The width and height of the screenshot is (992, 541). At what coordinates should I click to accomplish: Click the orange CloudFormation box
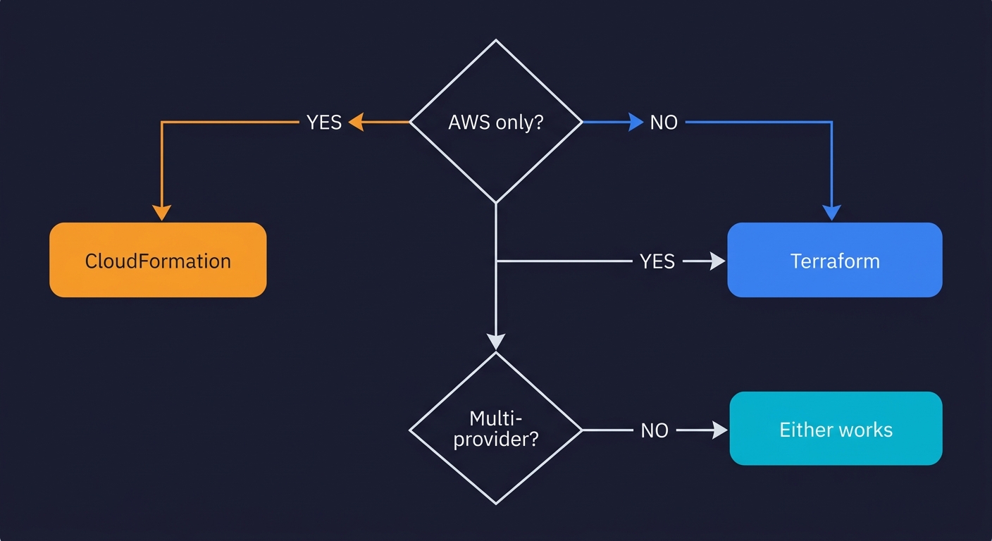158,260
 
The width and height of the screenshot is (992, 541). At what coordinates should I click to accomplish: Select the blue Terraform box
834,260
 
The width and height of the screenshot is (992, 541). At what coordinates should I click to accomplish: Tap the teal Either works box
836,428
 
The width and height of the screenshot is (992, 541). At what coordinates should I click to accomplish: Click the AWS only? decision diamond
496,122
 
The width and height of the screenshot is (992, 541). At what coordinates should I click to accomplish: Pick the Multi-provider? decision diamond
496,428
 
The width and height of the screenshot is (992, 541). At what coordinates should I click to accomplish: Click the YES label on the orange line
324,122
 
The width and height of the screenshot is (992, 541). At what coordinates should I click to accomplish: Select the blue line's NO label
664,122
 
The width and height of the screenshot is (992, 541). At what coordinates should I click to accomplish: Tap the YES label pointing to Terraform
657,261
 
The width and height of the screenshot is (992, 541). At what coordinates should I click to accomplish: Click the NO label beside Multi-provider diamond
655,430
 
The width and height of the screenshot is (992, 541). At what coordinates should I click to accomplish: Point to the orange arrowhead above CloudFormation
162,213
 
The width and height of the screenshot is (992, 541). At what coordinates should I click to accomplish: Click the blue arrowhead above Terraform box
832,213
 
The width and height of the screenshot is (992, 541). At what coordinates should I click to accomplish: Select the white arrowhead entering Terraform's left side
717,261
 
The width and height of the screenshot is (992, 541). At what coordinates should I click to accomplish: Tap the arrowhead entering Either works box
719,430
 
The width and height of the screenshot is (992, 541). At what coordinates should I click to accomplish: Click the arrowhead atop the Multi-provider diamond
496,342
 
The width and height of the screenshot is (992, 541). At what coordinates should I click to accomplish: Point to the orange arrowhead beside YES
356,122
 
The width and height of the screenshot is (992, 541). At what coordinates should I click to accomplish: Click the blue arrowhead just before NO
635,122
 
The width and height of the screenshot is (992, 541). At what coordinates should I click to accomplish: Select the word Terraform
835,261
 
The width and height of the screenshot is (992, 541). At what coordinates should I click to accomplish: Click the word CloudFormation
158,261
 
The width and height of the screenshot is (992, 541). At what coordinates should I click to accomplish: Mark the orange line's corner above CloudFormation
162,122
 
